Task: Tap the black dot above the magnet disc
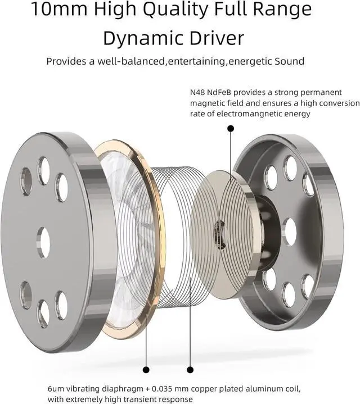(230, 129)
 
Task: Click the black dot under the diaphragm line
(146, 369)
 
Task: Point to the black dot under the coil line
(190, 369)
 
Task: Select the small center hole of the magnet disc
(220, 228)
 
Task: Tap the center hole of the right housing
(290, 231)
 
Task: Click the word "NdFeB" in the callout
(227, 93)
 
